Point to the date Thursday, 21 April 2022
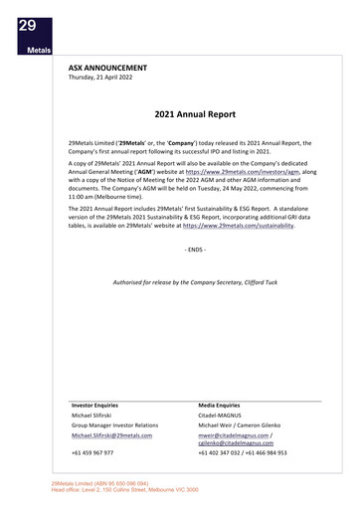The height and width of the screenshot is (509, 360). tap(105, 77)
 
